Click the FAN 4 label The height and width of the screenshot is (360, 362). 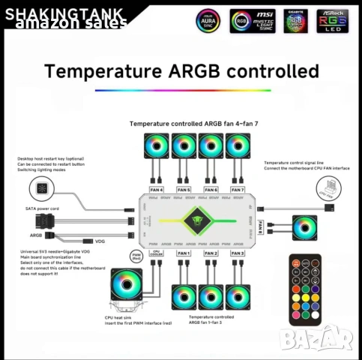156,190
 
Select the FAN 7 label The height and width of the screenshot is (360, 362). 238,190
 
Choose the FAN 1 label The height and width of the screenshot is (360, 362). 184,253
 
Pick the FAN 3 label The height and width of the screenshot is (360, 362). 238,253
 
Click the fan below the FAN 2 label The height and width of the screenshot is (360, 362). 211,295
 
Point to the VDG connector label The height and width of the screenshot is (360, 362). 100,241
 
